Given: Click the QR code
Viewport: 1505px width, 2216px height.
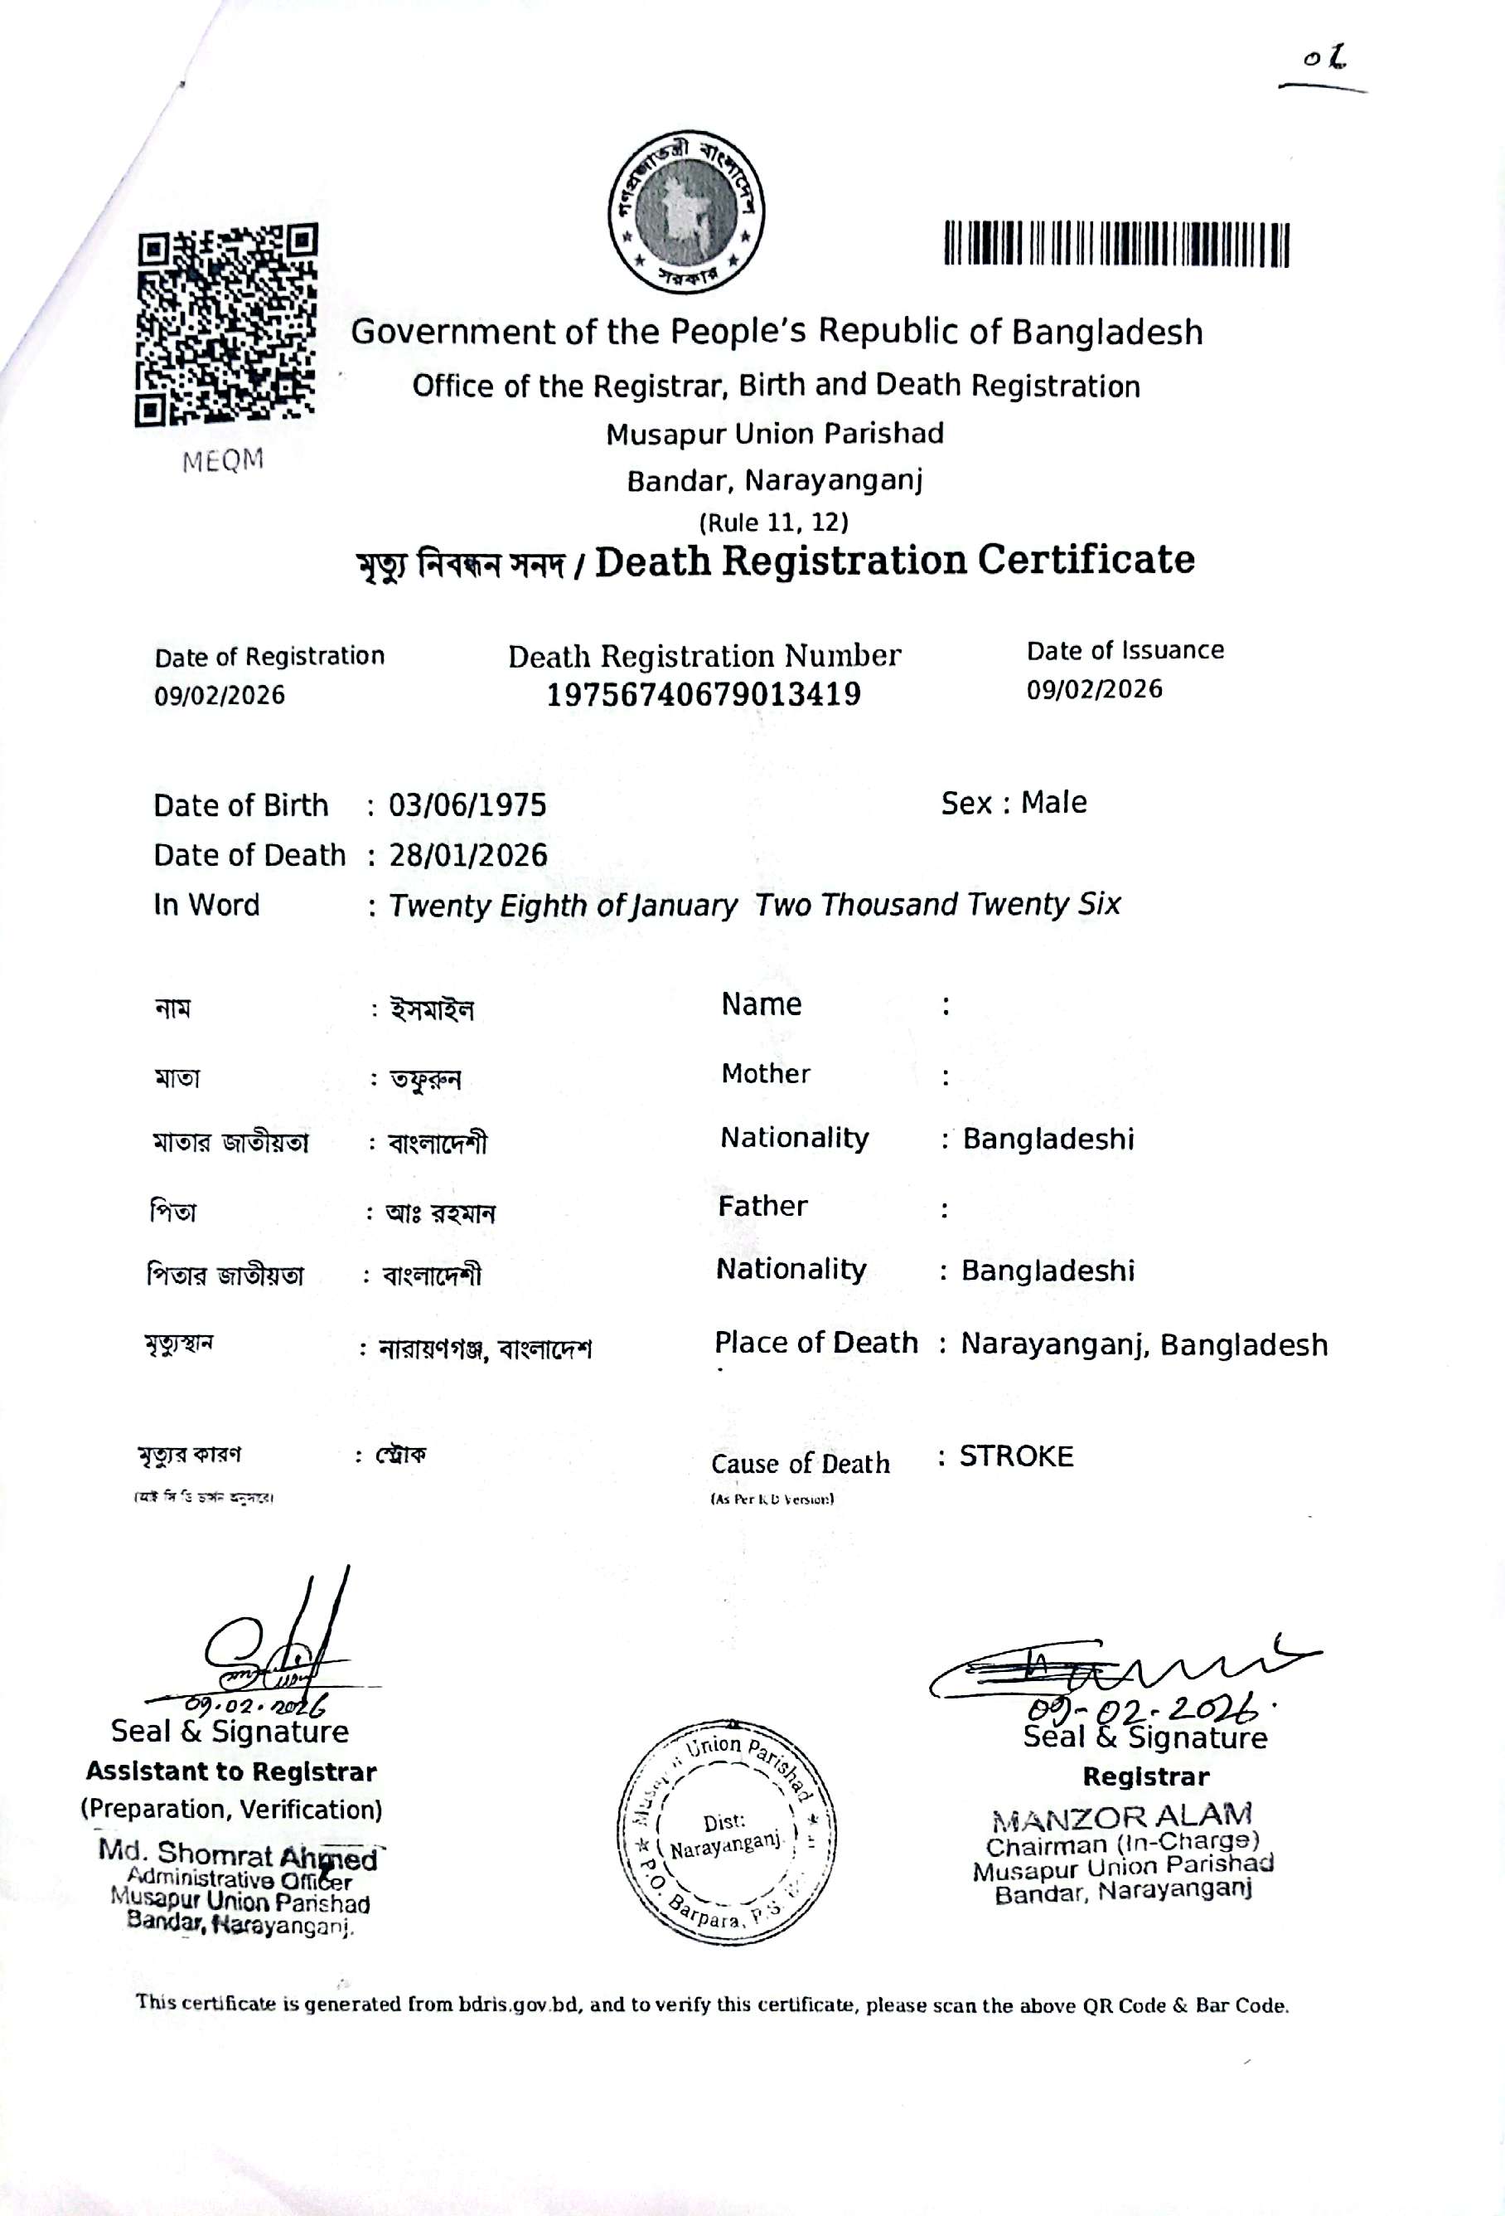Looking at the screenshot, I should [227, 325].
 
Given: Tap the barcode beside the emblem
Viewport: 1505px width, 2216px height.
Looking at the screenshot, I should [1116, 244].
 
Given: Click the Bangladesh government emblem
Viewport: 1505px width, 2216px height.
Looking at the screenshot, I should [687, 211].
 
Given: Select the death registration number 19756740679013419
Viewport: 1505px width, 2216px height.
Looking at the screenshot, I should [704, 694].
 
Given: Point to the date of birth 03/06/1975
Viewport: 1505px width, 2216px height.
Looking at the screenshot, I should [467, 804].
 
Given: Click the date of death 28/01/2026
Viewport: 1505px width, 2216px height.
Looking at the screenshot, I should [468, 854].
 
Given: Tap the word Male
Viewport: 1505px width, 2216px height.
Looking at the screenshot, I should [1053, 803].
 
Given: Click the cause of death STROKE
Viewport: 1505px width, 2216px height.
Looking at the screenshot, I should [1016, 1456].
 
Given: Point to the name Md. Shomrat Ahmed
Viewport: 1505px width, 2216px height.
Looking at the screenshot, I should [237, 1854].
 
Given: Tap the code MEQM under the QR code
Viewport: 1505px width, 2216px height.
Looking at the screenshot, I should [223, 460].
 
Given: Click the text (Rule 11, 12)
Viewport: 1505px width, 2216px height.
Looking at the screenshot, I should [774, 522].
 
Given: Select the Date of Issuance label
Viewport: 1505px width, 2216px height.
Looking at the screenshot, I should [1125, 650].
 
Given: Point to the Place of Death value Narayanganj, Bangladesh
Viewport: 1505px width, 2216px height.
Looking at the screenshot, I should [1144, 1344].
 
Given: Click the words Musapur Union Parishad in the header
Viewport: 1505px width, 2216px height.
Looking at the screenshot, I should [774, 434].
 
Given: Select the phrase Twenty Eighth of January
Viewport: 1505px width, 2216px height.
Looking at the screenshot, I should [563, 905].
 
